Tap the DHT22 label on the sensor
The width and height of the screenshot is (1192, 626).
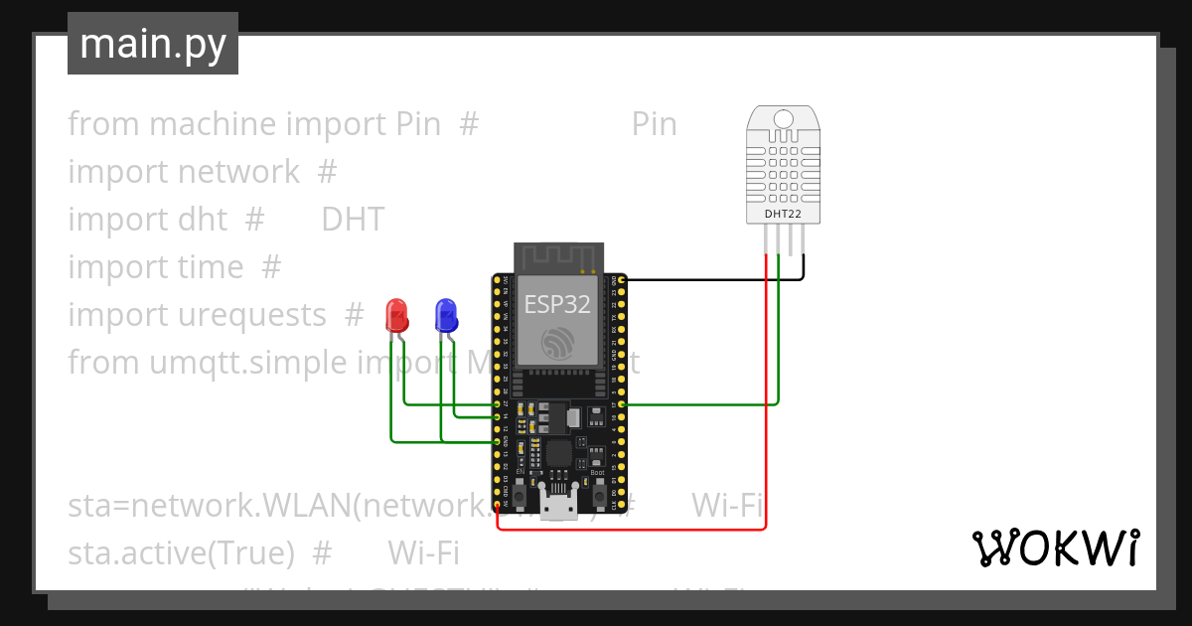tap(784, 214)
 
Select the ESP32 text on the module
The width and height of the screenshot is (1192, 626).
tap(557, 304)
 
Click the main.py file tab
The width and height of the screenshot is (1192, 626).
tap(153, 44)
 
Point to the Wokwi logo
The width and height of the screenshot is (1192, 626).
tap(1055, 548)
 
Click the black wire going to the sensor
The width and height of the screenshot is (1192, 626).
tap(715, 279)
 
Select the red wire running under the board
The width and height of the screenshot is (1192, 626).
tap(636, 530)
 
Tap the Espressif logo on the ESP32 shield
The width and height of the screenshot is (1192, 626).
tap(557, 343)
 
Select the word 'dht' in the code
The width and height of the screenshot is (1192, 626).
tap(206, 220)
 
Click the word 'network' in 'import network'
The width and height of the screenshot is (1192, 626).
tap(238, 172)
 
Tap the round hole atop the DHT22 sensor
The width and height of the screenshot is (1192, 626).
tap(784, 119)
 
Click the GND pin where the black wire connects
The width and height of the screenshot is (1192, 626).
tap(621, 280)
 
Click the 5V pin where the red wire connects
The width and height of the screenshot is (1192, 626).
tap(497, 503)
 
